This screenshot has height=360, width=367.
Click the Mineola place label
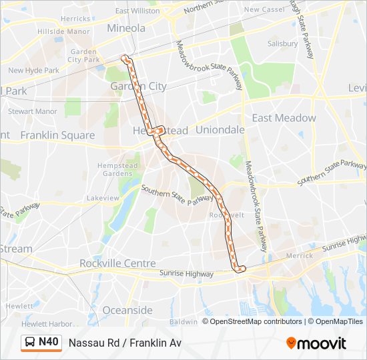126,28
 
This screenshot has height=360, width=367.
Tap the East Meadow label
284,118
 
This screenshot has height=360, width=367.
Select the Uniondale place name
220,130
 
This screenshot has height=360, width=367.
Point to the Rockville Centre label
117,263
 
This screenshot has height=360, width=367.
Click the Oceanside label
127,310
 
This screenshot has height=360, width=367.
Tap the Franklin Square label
57,135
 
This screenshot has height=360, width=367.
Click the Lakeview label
103,198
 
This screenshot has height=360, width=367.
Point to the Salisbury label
282,43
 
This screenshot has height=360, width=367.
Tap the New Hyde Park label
33,70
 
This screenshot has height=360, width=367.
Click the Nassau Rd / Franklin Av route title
125,343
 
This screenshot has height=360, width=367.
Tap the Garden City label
138,86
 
